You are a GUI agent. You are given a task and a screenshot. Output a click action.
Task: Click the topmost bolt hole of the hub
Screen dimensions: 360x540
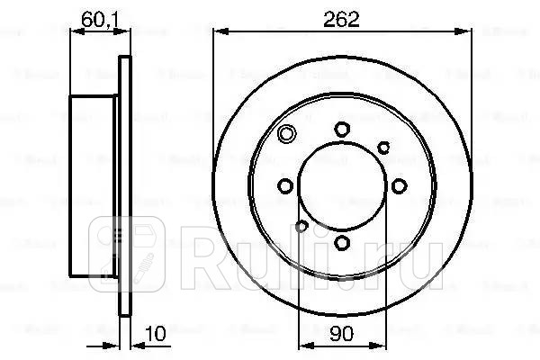pos(341,130)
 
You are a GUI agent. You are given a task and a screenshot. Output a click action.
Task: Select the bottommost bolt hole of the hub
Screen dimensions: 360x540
pos(341,241)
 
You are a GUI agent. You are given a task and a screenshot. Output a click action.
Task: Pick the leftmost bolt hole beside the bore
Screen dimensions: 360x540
pos(285,185)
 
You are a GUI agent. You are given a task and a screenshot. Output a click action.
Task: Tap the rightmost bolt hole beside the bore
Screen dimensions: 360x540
pos(397,185)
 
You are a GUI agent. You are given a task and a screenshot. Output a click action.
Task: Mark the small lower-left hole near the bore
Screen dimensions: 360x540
pos(302,226)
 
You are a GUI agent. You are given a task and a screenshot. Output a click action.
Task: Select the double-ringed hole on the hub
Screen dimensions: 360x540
pos(287,136)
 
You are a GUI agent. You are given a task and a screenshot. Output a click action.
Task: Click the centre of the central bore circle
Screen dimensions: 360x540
pos(341,185)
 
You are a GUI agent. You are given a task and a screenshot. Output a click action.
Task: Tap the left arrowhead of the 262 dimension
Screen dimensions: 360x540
pos(216,32)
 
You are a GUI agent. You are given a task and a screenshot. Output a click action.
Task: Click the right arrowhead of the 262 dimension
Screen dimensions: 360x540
pos(469,32)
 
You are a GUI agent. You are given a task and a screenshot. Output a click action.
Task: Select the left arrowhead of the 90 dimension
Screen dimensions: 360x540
pos(301,347)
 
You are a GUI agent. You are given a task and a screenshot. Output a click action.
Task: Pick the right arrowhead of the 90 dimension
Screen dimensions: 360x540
pos(382,347)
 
